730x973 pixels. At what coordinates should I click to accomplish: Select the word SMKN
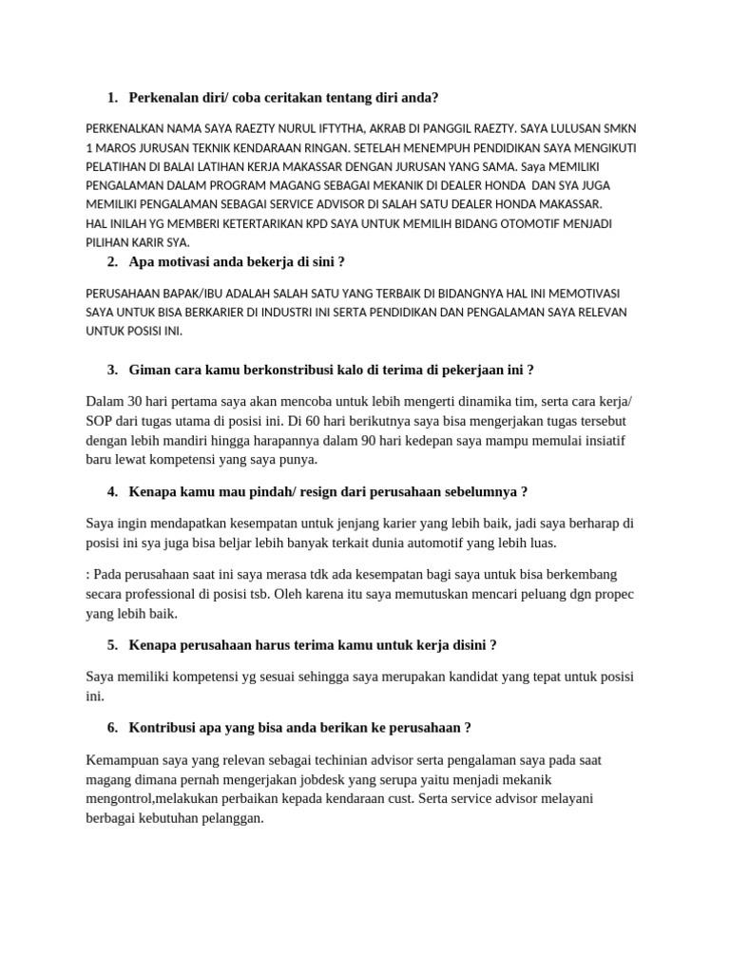point(618,128)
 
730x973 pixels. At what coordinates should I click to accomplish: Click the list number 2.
point(112,261)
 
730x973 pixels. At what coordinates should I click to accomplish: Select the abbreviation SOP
point(99,421)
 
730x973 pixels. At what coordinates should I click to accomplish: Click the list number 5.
point(112,645)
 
